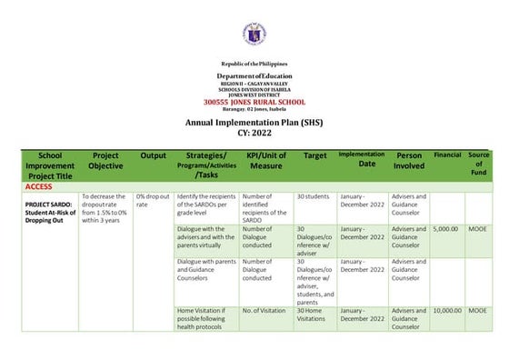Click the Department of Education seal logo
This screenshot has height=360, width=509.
point(254,35)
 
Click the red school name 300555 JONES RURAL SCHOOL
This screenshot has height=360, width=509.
point(254,101)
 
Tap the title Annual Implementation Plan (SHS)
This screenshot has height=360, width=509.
point(254,122)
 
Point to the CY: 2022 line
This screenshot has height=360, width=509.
point(254,133)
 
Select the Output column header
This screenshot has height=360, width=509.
point(153,155)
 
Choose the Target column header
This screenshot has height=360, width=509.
point(314,155)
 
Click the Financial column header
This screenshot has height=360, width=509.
point(447,155)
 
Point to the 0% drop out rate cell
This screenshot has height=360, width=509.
point(152,200)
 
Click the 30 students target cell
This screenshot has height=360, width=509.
point(314,196)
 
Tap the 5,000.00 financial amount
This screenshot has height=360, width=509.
point(446,230)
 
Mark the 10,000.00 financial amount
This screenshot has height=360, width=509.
point(447,311)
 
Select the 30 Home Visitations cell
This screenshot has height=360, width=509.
point(314,315)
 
